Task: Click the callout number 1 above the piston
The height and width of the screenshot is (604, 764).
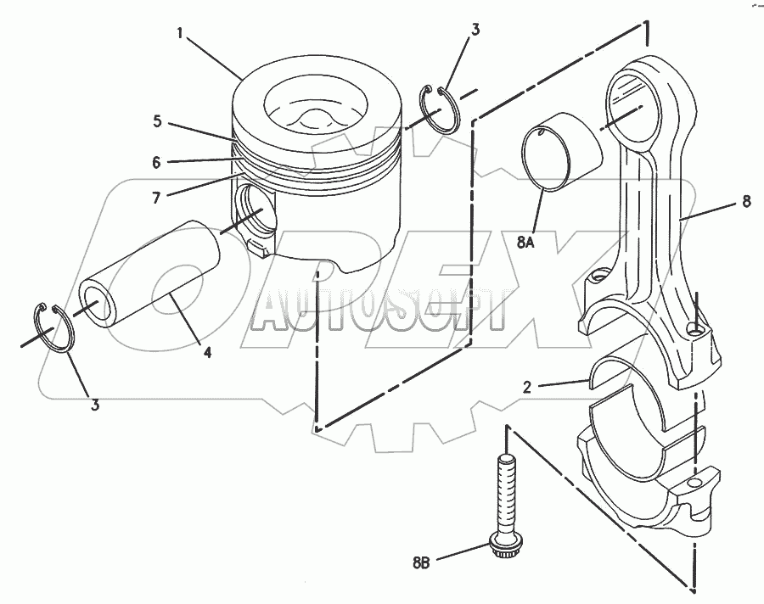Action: tap(179, 33)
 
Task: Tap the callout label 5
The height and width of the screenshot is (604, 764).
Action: tap(157, 121)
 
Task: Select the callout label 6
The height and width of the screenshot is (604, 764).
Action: tap(156, 162)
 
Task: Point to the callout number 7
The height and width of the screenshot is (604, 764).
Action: tap(156, 198)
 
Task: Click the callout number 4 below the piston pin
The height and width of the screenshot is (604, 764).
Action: tap(208, 352)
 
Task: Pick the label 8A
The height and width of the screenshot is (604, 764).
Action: tap(525, 242)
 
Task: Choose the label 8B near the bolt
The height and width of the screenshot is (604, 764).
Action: tap(421, 563)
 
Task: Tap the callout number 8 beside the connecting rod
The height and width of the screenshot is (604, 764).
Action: tap(746, 201)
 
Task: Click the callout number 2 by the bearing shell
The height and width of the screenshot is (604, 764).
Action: tap(526, 387)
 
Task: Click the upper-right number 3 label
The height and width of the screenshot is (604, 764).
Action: tap(475, 30)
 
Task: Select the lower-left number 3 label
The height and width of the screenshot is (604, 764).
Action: tap(95, 404)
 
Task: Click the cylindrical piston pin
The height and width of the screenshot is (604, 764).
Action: tap(151, 273)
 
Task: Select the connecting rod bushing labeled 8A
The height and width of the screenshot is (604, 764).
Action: tap(561, 152)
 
